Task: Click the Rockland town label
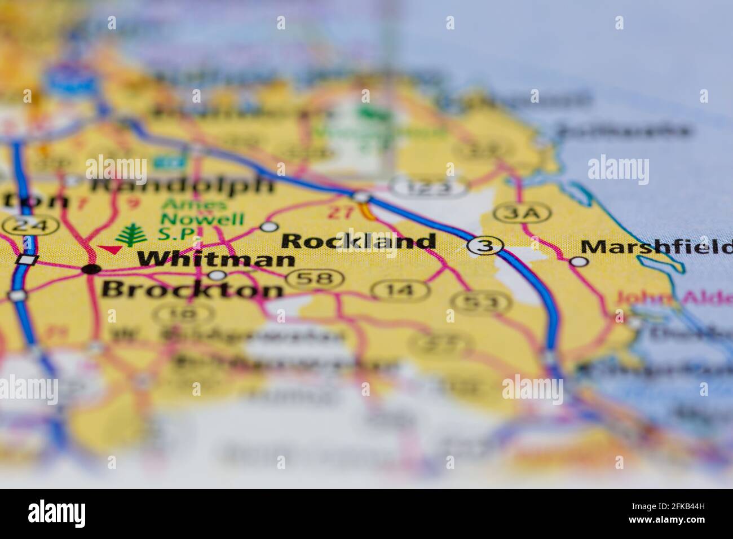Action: pos(358,241)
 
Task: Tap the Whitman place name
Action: pos(216,259)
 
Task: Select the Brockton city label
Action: pos(192,289)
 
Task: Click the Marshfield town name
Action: pos(656,246)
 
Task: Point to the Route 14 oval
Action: pos(400,290)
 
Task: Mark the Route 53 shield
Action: pos(484,303)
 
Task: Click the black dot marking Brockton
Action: pos(91,269)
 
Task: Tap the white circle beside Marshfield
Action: pos(579,261)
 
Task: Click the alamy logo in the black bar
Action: pos(57,513)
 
